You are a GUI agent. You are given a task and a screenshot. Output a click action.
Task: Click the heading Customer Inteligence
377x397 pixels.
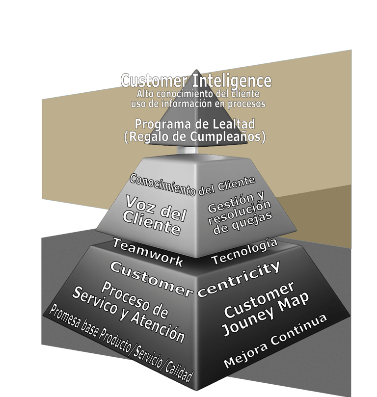click(196, 80)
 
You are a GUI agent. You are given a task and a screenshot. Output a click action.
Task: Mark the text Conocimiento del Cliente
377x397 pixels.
click(192, 185)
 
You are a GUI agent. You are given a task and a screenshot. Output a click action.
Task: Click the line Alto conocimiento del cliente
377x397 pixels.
click(197, 93)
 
